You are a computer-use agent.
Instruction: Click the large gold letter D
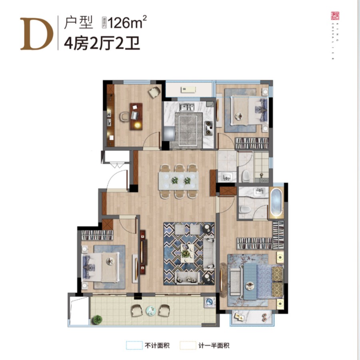point(37,34)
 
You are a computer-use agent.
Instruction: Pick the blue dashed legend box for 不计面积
point(134,345)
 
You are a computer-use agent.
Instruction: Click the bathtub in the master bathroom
point(276,203)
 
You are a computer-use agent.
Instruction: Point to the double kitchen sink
point(186,107)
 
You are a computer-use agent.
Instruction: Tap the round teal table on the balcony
point(150,310)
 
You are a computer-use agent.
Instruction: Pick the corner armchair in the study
point(154,92)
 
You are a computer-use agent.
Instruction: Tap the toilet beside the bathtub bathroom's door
point(244,209)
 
